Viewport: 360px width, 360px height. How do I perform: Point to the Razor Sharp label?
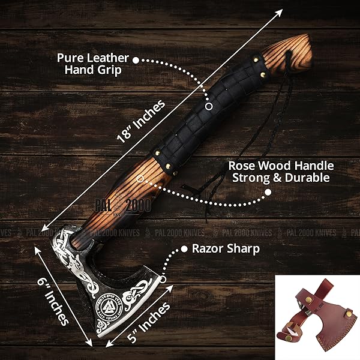226,249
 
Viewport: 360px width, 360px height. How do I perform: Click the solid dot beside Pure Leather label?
136,60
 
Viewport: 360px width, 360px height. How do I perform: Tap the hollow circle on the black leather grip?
208,106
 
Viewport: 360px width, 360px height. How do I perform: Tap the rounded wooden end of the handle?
299,48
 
